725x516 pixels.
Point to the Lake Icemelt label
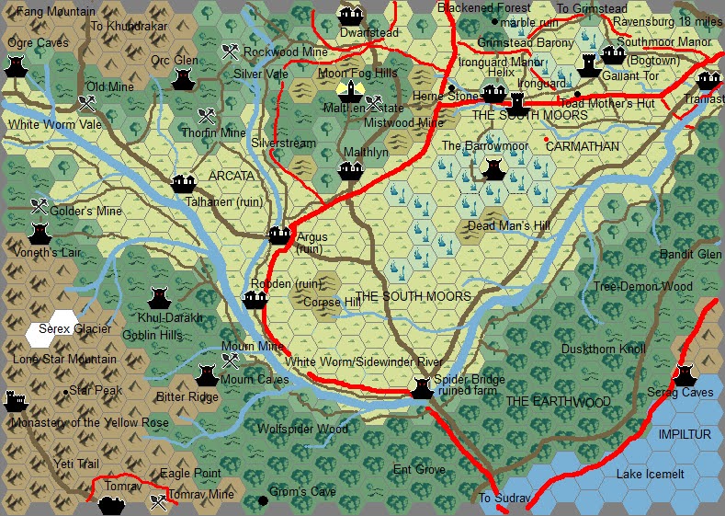(x=650, y=475)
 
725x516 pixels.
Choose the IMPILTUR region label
(x=684, y=433)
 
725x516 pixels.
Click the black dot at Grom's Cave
(x=263, y=500)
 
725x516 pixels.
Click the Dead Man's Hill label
(x=508, y=226)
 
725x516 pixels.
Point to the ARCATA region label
(x=231, y=176)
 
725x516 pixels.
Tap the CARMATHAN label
(x=583, y=146)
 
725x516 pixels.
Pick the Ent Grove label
(x=419, y=470)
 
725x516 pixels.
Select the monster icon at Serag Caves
(x=684, y=374)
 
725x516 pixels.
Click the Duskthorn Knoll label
(x=604, y=350)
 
